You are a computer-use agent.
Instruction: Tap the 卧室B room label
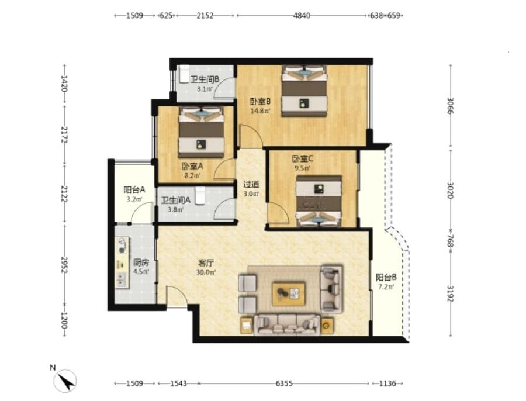tap(260, 101)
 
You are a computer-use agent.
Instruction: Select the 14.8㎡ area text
tap(261, 110)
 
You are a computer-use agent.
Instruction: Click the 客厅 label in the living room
tap(206, 262)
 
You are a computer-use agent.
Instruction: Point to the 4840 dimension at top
tap(302, 15)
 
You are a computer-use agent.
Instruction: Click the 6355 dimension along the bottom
tap(284, 383)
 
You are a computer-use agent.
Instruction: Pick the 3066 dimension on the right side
tap(450, 106)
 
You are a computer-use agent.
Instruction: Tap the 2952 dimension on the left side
tap(64, 265)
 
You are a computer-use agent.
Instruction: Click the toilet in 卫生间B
tap(184, 74)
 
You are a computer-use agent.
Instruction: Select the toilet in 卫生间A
tap(200, 196)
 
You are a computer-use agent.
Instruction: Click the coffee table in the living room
tap(289, 294)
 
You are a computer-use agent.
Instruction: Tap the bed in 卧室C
tap(319, 201)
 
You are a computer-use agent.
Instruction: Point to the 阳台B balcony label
tap(386, 277)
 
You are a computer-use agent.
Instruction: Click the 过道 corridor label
tap(251, 184)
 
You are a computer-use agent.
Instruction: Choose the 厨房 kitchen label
tap(141, 262)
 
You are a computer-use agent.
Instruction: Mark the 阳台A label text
tap(134, 189)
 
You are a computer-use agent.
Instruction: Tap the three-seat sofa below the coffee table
tap(287, 324)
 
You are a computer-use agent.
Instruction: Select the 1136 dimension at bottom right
tap(387, 383)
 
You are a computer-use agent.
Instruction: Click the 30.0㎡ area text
tap(206, 272)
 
